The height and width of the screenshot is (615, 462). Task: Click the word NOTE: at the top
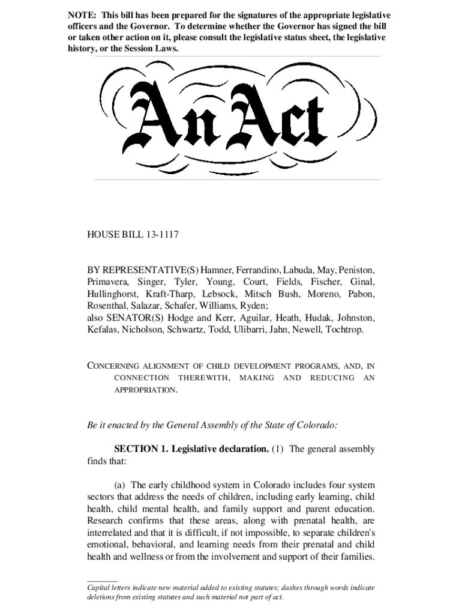(81, 14)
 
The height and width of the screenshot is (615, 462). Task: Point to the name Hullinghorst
(113, 294)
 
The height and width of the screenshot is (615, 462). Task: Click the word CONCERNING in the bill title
(113, 366)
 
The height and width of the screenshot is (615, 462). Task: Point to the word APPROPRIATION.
(145, 390)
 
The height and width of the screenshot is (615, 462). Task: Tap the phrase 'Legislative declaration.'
(218, 449)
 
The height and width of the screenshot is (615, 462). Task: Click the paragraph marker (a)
(120, 485)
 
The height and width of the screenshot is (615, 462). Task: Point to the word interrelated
(113, 533)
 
